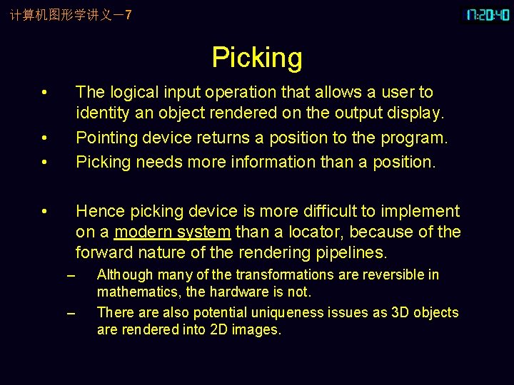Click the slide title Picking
pyautogui.click(x=257, y=58)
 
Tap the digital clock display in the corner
pyautogui.click(x=488, y=15)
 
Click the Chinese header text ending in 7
pyautogui.click(x=71, y=15)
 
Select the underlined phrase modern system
pyautogui.click(x=172, y=232)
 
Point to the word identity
pyautogui.click(x=103, y=113)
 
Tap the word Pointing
pyautogui.click(x=106, y=137)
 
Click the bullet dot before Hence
pyautogui.click(x=44, y=211)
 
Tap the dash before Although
pyautogui.click(x=69, y=275)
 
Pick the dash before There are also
pyautogui.click(x=69, y=313)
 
